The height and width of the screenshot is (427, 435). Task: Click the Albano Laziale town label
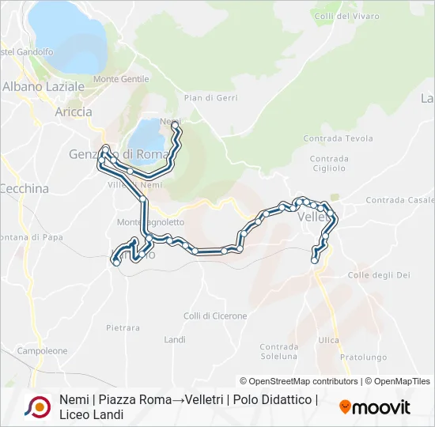39,87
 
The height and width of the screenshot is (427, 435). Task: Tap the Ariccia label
74,112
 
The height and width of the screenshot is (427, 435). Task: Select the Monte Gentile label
121,79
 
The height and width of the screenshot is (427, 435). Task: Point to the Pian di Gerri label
210,98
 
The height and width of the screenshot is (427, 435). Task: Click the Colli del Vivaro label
346,16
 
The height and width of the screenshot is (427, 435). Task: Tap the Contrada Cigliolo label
328,163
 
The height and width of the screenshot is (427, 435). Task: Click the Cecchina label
24,189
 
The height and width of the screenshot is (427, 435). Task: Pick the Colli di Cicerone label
215,316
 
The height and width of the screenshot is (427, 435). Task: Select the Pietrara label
123,327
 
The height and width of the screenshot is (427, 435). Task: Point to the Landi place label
175,340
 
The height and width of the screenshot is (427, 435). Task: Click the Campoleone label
42,350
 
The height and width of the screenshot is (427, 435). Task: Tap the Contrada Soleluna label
279,352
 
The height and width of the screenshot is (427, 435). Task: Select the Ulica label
328,340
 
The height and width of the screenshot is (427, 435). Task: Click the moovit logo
375,407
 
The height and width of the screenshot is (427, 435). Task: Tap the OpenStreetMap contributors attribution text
298,381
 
